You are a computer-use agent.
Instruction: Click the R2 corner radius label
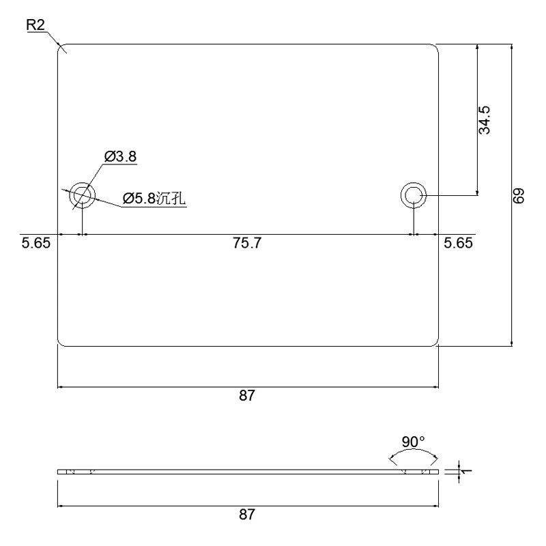(35, 25)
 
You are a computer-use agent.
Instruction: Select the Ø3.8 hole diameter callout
(121, 157)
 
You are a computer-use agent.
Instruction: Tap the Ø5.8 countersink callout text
(154, 199)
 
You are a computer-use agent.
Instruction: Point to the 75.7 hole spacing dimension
(247, 243)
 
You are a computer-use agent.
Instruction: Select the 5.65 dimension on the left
(36, 243)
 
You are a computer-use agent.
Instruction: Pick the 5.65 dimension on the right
(458, 243)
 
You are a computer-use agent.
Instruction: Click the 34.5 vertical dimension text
(485, 120)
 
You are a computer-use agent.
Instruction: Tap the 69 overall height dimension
(519, 196)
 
